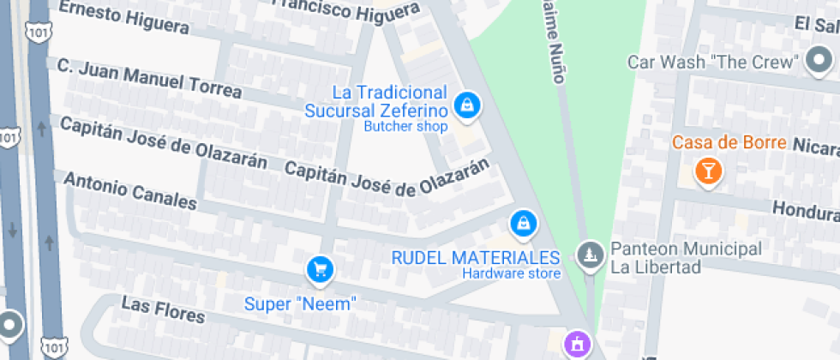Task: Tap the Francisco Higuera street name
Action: coord(346,9)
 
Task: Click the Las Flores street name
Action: coord(163,309)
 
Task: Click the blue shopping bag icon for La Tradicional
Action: coord(467,106)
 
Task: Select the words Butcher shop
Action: coord(405,127)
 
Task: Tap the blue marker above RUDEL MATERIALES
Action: coord(522,225)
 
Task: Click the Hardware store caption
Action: coord(511,274)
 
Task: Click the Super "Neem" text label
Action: coord(299,303)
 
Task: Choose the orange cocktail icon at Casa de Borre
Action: coord(708,170)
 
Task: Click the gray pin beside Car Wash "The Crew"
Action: coord(819,61)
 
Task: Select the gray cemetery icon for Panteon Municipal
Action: coord(589,255)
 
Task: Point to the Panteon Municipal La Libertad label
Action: coord(685,257)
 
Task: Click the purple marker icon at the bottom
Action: coord(577,345)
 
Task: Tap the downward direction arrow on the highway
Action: coord(13,231)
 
